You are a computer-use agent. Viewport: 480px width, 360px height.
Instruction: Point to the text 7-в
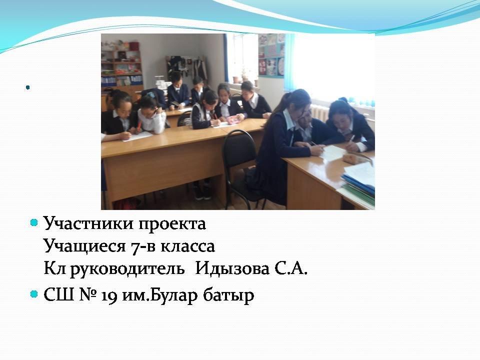(x=143, y=246)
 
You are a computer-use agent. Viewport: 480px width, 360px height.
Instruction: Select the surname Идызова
(x=232, y=269)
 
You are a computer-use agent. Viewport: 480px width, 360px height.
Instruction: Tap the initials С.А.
(x=290, y=269)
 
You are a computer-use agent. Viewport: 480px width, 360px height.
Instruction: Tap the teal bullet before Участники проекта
(x=34, y=222)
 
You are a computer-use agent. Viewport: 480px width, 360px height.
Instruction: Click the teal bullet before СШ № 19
(x=34, y=294)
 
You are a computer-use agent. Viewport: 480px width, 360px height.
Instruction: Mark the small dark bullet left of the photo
(x=28, y=88)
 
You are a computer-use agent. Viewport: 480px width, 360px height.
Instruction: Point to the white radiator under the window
(x=320, y=112)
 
